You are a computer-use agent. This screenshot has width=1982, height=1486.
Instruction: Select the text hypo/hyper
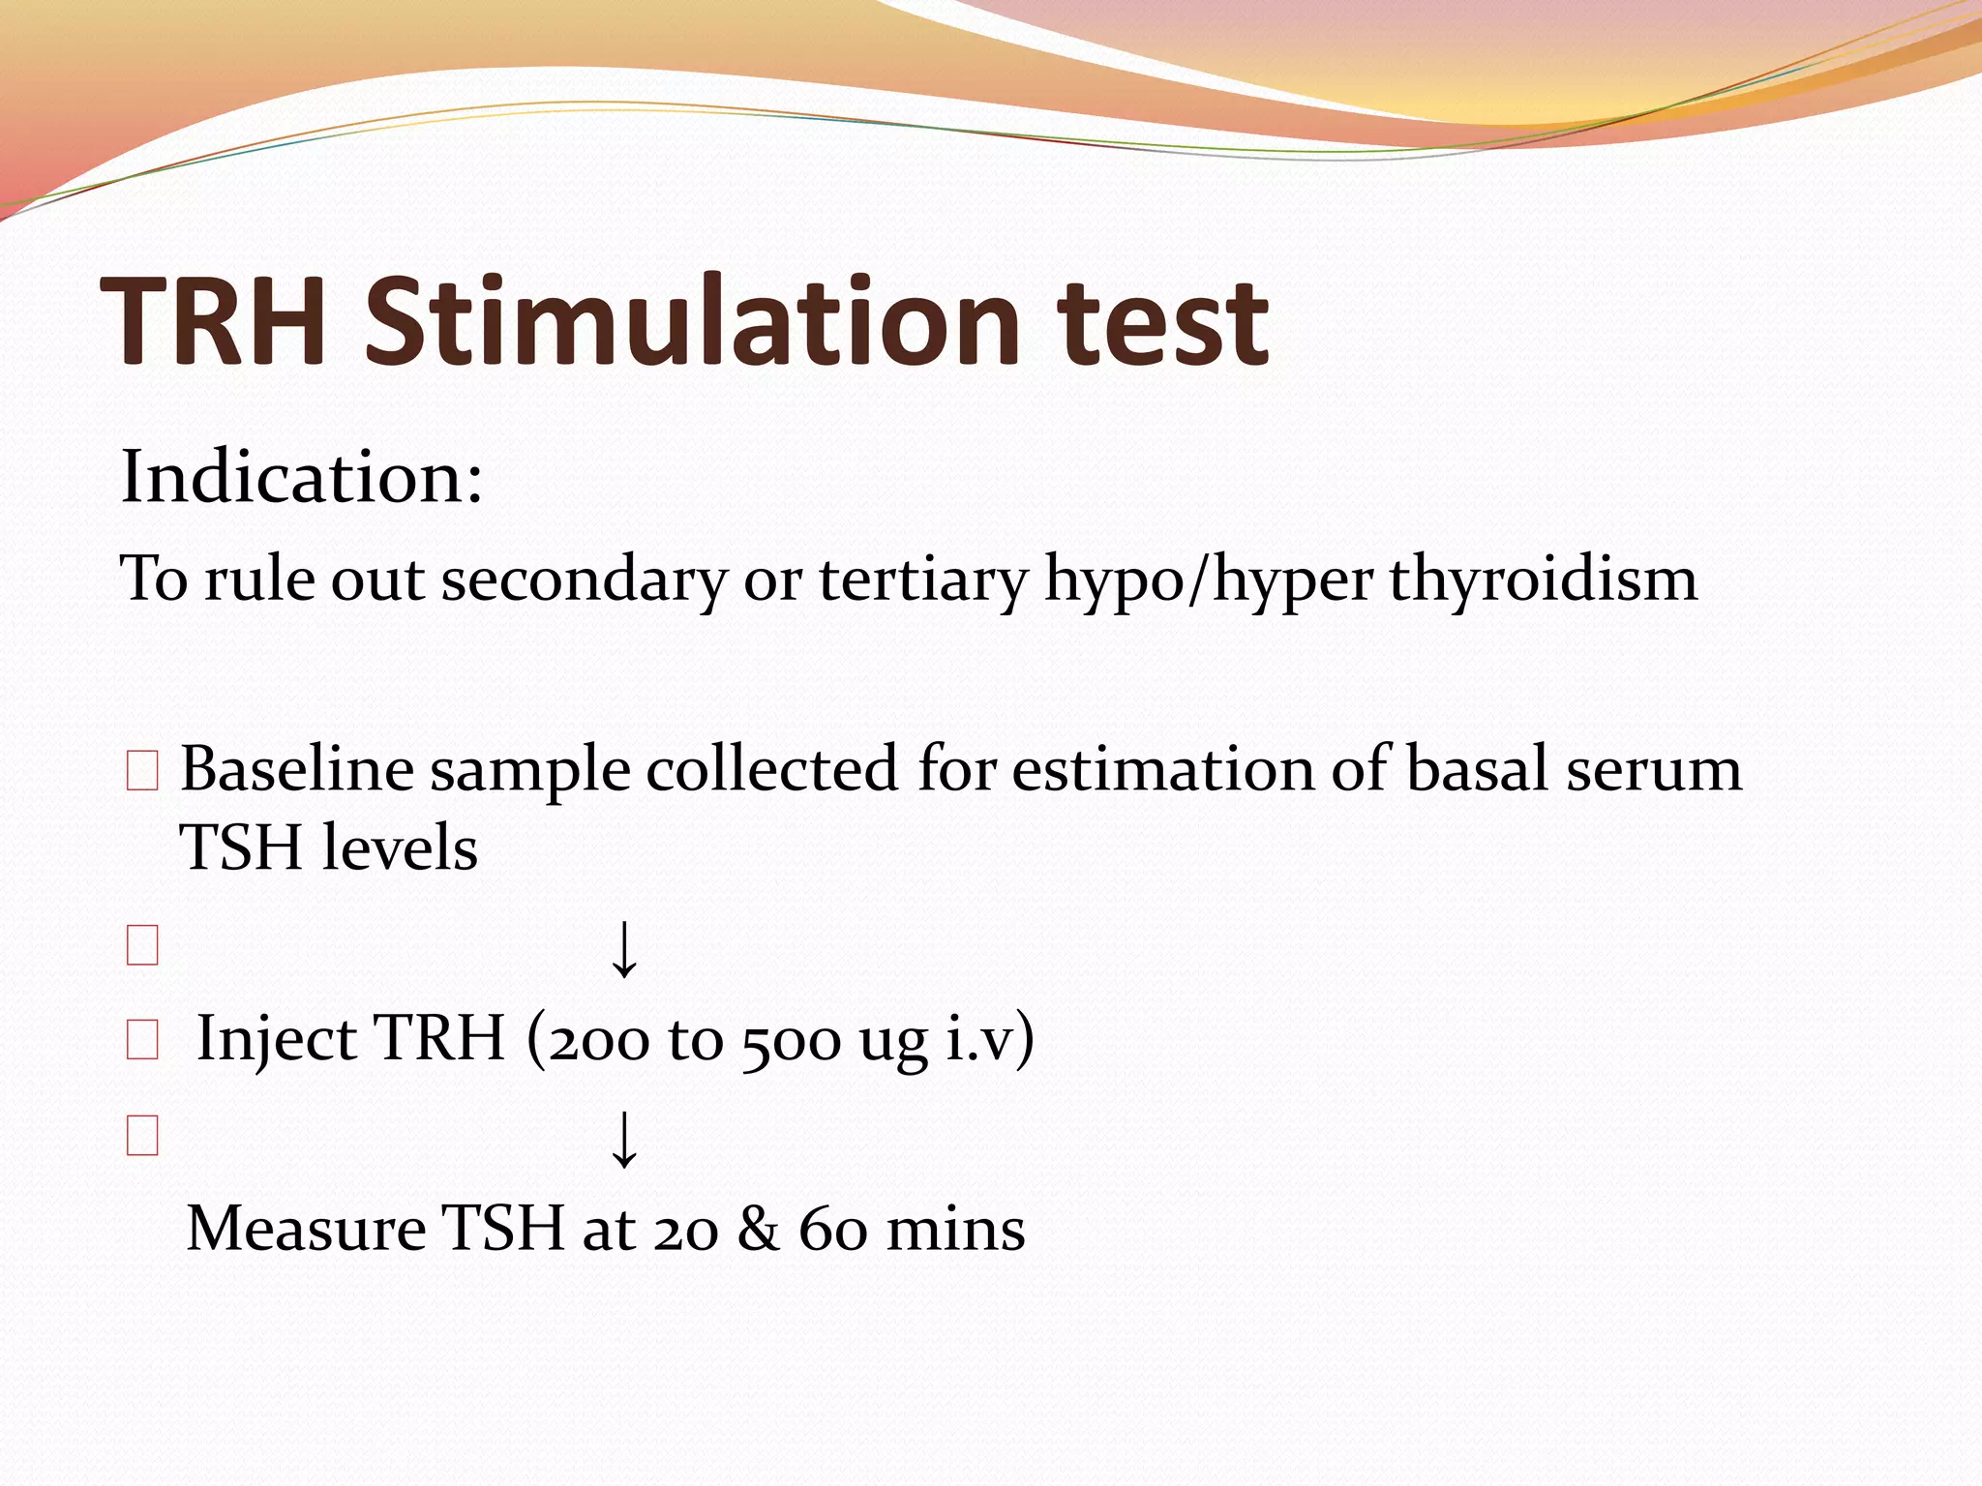tap(1209, 580)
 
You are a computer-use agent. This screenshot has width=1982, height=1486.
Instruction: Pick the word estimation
tap(1162, 770)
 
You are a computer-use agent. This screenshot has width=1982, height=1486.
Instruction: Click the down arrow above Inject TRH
tap(625, 949)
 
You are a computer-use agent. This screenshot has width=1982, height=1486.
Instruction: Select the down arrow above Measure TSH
tap(625, 1139)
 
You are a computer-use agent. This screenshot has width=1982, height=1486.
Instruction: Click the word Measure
tap(306, 1230)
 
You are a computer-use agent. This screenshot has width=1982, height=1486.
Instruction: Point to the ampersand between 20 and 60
tap(758, 1230)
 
